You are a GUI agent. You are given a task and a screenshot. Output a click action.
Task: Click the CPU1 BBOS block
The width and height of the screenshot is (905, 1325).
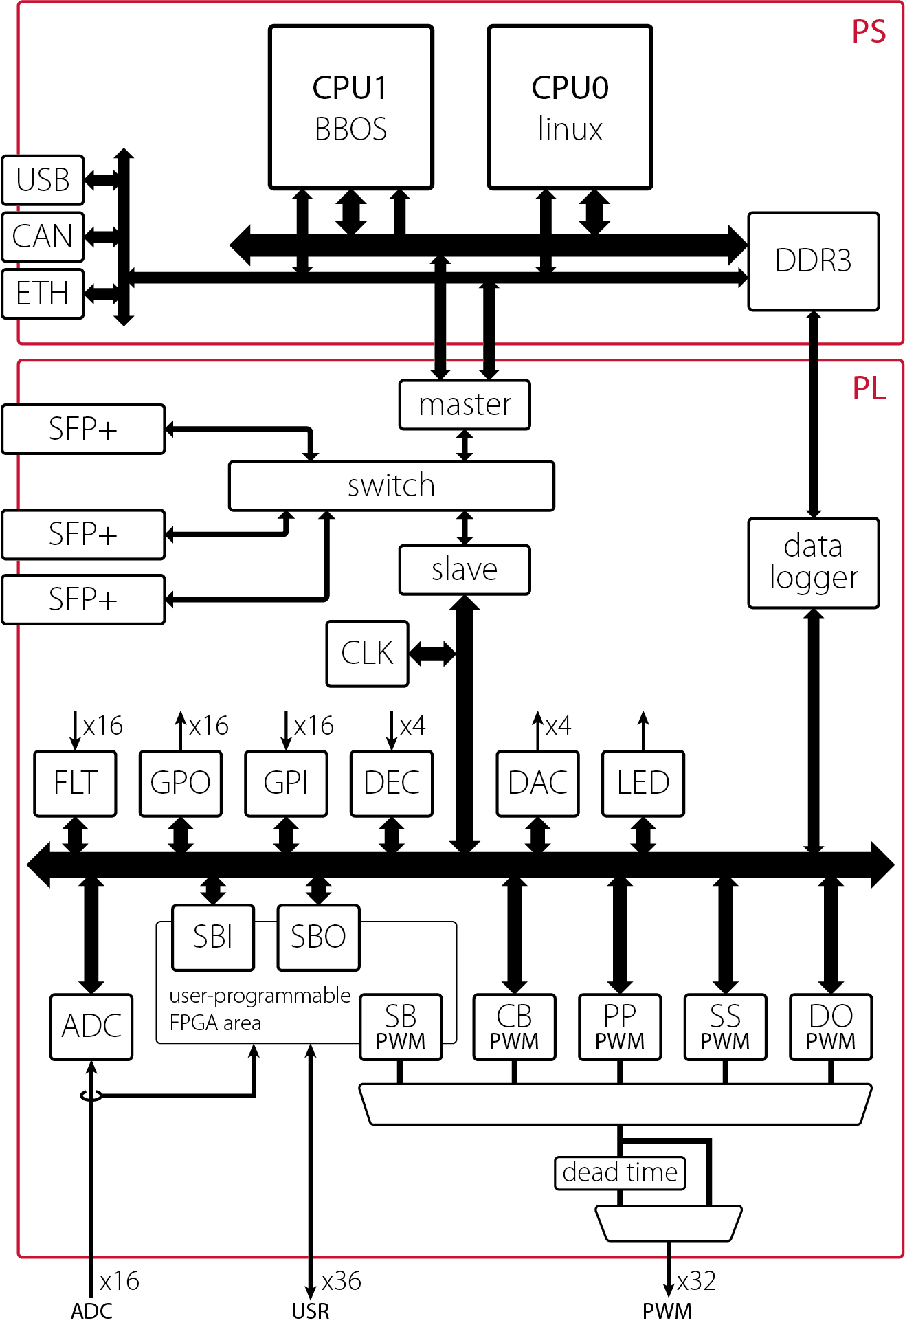click(350, 107)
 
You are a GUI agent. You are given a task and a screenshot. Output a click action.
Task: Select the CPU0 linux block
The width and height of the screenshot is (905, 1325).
click(570, 107)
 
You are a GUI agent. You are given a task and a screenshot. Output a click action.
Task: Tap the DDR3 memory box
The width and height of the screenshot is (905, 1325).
click(813, 261)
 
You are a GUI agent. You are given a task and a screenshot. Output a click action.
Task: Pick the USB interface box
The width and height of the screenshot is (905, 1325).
click(43, 180)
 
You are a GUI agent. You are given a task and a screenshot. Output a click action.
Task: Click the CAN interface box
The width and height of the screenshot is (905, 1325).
click(43, 237)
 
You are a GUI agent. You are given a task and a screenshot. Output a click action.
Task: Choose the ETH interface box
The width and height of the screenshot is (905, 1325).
click(43, 294)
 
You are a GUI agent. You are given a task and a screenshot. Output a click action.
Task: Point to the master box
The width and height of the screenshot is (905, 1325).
click(465, 405)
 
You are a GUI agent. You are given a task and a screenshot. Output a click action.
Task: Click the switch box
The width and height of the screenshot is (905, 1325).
click(391, 486)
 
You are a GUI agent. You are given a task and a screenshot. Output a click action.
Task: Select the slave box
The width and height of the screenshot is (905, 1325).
click(465, 570)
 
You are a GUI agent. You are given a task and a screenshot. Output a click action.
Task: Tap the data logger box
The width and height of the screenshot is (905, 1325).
click(813, 563)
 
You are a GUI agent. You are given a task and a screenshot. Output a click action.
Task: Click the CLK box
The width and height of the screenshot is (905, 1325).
click(368, 654)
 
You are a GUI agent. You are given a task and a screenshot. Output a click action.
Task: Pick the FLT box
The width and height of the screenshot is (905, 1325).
click(75, 783)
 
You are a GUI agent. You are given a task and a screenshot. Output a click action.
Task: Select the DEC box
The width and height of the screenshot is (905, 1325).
click(391, 783)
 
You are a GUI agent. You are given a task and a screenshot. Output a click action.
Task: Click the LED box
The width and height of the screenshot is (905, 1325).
click(643, 783)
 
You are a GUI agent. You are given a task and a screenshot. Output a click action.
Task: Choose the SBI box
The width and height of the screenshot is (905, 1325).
click(213, 937)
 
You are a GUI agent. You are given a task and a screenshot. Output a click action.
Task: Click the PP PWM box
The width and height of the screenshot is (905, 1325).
click(620, 1027)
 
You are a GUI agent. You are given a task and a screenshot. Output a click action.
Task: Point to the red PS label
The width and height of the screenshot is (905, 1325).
click(869, 32)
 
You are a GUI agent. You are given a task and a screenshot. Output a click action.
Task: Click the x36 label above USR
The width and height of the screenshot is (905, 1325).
click(342, 1282)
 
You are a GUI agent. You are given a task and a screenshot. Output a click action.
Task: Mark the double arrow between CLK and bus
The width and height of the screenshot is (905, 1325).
click(432, 654)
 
